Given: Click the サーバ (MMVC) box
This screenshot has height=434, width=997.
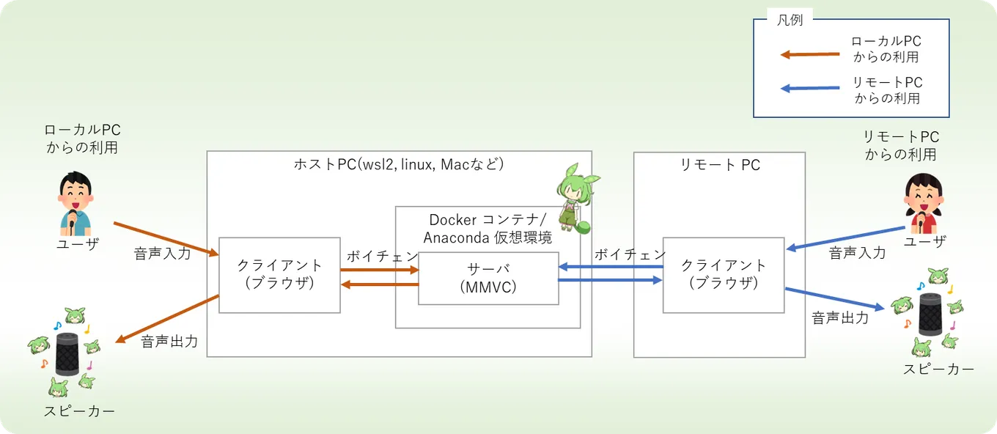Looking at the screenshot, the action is pyautogui.click(x=488, y=279).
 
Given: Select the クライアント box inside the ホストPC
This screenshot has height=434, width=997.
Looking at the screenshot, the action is pyautogui.click(x=279, y=275).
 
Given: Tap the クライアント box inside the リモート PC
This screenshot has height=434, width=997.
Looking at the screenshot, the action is pyautogui.click(x=724, y=275).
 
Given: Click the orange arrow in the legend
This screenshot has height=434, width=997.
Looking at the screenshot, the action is pyautogui.click(x=810, y=55).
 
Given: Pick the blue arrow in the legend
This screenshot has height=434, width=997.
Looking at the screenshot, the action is pyautogui.click(x=810, y=88).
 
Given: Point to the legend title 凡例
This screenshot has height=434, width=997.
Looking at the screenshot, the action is pyautogui.click(x=790, y=20).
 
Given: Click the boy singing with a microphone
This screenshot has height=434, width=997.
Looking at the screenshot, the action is pyautogui.click(x=76, y=204).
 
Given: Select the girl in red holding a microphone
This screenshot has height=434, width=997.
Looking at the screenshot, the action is pyautogui.click(x=924, y=204).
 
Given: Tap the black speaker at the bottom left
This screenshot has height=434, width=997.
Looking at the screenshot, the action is pyautogui.click(x=67, y=354).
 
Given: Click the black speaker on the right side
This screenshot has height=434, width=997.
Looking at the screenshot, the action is pyautogui.click(x=931, y=314).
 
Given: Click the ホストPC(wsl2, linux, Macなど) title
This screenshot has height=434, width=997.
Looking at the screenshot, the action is pyautogui.click(x=399, y=164).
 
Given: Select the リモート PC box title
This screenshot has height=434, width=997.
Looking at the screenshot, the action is pyautogui.click(x=720, y=165).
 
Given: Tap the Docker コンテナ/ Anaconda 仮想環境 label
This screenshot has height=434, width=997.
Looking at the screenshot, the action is pyautogui.click(x=488, y=228).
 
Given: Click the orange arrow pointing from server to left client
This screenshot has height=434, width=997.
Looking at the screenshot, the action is pyautogui.click(x=380, y=284).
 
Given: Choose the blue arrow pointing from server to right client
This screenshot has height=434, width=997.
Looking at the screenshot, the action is pyautogui.click(x=610, y=280).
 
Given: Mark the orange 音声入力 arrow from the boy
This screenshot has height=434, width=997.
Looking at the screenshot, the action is pyautogui.click(x=166, y=239).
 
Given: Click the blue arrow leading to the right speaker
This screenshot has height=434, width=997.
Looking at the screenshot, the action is pyautogui.click(x=834, y=298).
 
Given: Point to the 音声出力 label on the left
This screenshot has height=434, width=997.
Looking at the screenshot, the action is pyautogui.click(x=169, y=342).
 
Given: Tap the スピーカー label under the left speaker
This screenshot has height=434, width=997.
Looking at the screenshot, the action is pyautogui.click(x=79, y=411).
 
